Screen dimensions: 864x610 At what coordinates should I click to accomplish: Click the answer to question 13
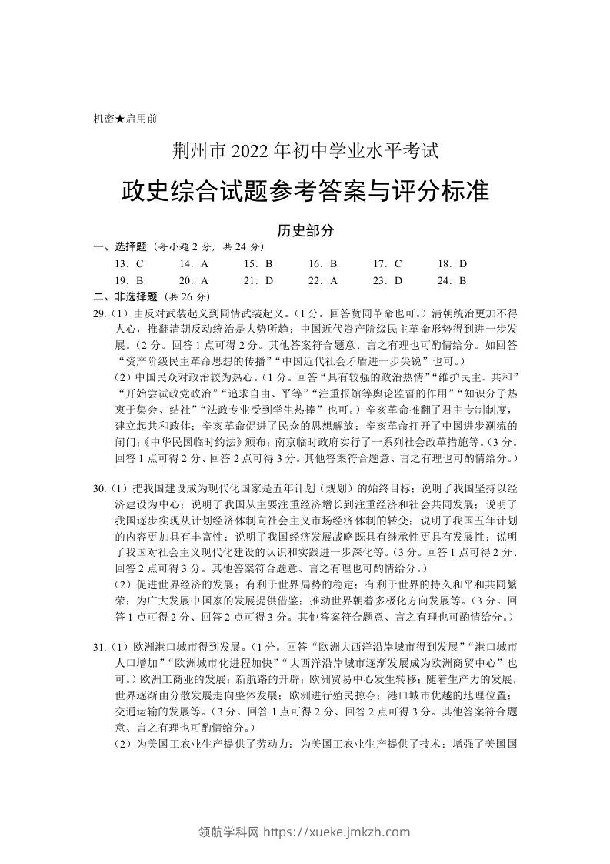pos(139,264)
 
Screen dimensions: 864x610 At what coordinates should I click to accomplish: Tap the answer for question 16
pos(334,264)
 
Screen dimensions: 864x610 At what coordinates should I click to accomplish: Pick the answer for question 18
pos(464,264)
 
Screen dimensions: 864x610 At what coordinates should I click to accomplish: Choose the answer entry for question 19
pos(139,281)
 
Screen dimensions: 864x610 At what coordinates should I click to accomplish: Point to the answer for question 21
pos(269,281)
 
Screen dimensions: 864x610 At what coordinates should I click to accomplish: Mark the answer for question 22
pos(334,281)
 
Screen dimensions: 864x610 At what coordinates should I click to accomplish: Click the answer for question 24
pos(464,281)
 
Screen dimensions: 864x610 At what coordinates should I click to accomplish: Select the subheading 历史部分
pos(305,230)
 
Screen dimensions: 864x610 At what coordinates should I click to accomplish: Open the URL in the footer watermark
pos(337,832)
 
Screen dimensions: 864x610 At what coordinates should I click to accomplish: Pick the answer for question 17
pos(398,264)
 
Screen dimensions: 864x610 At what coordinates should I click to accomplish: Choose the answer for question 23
pos(398,281)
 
